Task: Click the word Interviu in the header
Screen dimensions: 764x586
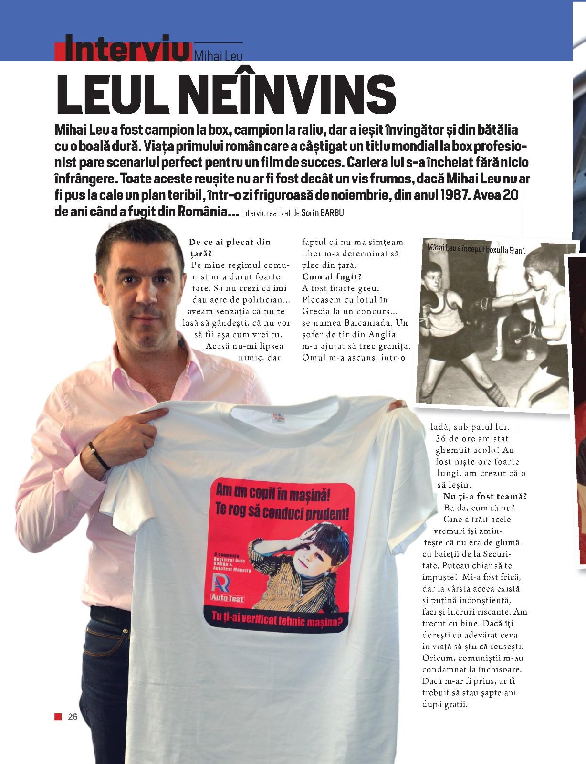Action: tap(126, 49)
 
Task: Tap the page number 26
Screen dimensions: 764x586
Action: tap(73, 716)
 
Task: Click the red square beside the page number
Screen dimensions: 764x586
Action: tap(58, 716)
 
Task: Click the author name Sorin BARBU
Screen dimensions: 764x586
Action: tap(323, 213)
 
